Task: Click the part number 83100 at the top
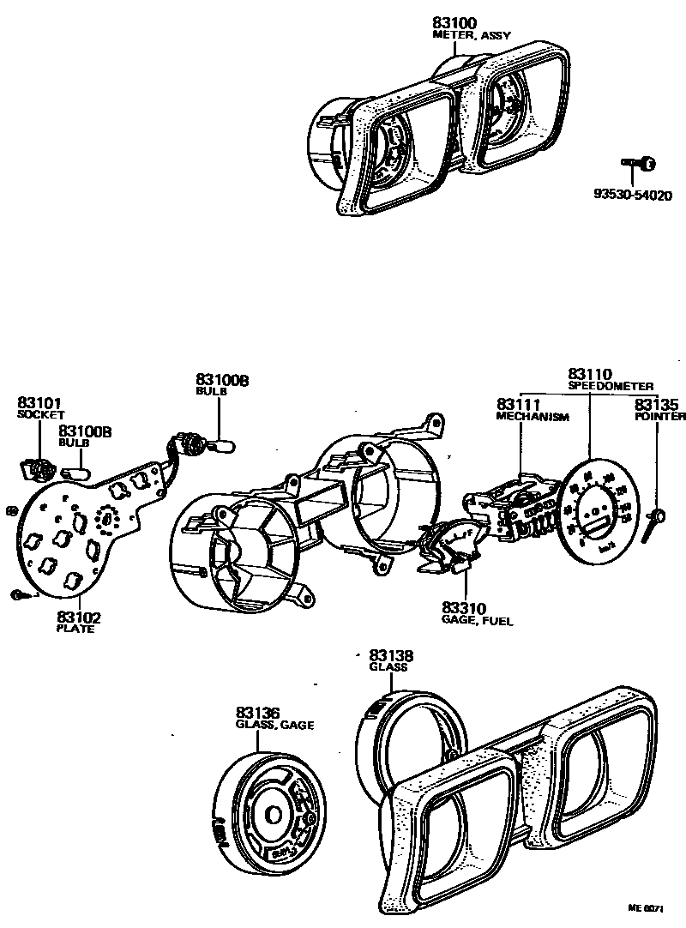tap(455, 23)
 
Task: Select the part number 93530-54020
tap(633, 195)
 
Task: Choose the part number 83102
tap(77, 617)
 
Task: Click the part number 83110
tap(589, 375)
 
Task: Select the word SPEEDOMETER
tap(611, 387)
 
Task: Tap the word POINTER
tap(659, 416)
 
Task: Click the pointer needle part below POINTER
tap(659, 516)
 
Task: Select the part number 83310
tap(464, 606)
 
